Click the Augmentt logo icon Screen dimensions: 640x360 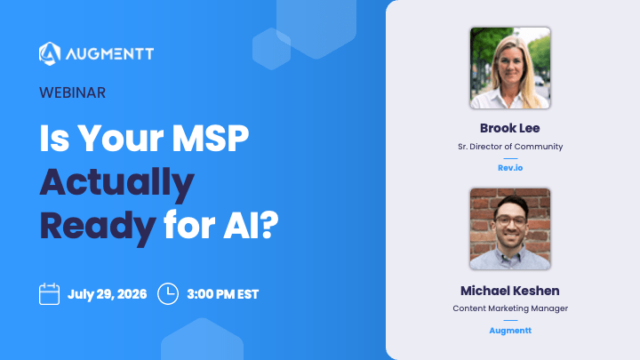click(50, 53)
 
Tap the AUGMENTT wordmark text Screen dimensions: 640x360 click(110, 54)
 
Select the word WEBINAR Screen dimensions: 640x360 click(72, 92)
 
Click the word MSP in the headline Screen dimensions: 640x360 click(210, 139)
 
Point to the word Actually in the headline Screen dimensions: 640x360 click(116, 184)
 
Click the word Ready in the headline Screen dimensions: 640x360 click(98, 227)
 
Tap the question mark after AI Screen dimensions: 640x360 click(269, 225)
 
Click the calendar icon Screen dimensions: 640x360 click(50, 294)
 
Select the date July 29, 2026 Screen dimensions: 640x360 click(107, 294)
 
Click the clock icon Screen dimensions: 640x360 click(168, 294)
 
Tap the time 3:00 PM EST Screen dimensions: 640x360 click(223, 294)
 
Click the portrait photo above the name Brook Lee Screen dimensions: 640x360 click(510, 68)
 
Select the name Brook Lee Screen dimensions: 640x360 click(510, 128)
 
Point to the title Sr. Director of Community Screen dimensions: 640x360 click(510, 147)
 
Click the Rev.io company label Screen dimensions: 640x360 click(510, 168)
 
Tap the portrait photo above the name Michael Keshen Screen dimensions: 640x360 click(510, 228)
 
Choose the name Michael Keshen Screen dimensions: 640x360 click(510, 291)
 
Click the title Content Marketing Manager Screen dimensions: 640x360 click(510, 308)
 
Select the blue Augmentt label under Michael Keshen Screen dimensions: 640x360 click(510, 331)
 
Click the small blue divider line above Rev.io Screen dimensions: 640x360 click(510, 158)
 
